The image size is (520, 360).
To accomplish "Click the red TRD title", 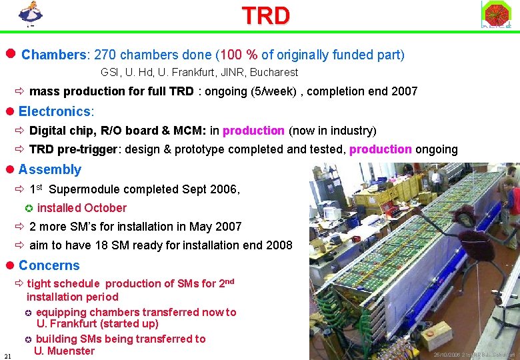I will point(265,15).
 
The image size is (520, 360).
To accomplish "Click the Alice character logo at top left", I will point(30,14).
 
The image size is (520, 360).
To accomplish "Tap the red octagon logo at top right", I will point(496,14).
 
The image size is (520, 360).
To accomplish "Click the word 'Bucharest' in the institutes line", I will point(274,72).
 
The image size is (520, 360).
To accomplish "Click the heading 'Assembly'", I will point(50,169).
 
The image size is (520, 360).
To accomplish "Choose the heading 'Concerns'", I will point(49,265).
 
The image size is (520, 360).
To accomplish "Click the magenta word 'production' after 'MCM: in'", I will point(253,131).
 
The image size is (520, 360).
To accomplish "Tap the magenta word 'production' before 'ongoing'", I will point(380,149).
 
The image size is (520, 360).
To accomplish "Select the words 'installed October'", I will point(81,208).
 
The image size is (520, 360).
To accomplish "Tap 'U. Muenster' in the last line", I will point(65,351).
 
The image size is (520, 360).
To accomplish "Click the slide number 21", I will point(7,355).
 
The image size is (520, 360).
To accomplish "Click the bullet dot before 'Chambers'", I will point(10,54).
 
